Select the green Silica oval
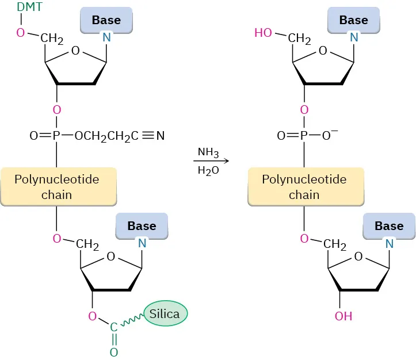coord(165,314)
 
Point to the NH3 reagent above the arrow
coord(208,152)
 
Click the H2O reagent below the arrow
coord(208,171)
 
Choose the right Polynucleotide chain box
coord(304,187)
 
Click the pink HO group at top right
coord(263,33)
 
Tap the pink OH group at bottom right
coord(344,316)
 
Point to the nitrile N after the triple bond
coord(161,136)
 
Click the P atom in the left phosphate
coord(56,136)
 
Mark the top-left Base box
coord(106,20)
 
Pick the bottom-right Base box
coord(388,226)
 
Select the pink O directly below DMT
coord(21,33)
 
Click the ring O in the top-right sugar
coord(323,51)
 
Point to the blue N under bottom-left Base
coord(143,244)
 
